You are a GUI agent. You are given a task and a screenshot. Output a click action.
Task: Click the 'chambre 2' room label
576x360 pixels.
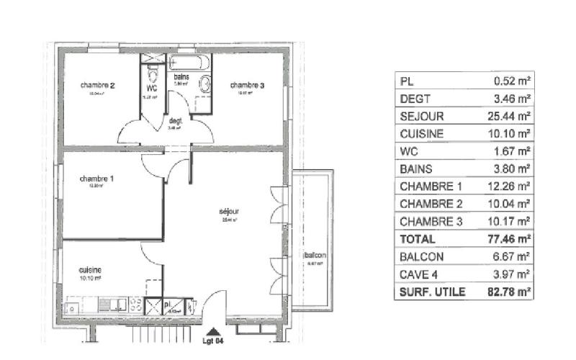[98, 86]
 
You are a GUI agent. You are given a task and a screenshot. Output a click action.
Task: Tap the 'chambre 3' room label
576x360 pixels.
[247, 86]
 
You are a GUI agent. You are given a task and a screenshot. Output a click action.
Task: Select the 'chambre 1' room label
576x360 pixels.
[96, 179]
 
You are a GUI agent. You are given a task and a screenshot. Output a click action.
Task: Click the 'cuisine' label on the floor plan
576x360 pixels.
[90, 270]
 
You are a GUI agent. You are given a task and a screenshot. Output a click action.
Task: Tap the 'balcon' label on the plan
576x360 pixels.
[315, 256]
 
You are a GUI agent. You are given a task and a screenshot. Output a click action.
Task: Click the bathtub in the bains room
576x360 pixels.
[189, 63]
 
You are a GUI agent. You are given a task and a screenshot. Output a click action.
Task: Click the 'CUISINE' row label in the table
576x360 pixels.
[421, 134]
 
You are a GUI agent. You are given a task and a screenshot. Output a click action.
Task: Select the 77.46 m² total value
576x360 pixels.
[513, 238]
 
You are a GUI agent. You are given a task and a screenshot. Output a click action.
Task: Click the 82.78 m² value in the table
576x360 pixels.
[513, 292]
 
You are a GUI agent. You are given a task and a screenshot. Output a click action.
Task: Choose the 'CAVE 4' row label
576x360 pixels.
[417, 274]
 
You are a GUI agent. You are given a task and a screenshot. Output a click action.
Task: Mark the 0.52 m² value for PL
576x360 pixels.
[513, 81]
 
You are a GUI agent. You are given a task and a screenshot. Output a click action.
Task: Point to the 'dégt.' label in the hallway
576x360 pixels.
[175, 121]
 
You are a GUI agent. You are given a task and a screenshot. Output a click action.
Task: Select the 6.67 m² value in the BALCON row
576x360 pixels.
[513, 256]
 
